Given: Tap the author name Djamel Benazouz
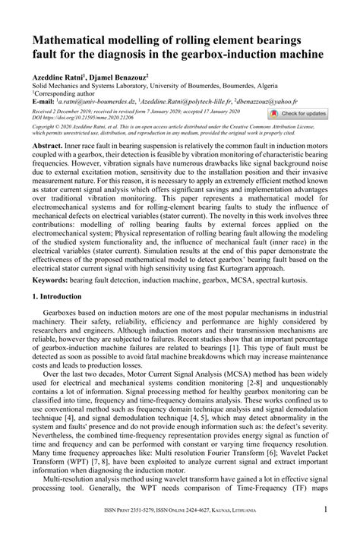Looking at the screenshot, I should click(122, 77).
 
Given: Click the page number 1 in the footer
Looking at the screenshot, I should click(326, 532).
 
